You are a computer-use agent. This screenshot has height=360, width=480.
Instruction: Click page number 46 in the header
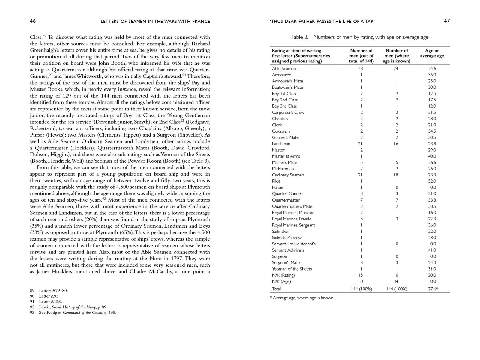[33, 21]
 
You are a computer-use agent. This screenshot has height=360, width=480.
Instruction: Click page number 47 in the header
[447, 21]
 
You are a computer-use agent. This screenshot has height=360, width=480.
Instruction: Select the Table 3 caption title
[360, 37]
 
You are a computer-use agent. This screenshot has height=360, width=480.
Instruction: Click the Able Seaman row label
[284, 69]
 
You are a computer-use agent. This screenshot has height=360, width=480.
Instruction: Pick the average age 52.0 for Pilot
[432, 181]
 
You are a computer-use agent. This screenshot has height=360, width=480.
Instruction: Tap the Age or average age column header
[432, 53]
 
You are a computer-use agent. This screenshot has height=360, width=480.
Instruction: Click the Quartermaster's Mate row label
[292, 206]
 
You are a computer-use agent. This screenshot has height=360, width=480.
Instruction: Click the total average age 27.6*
[433, 289]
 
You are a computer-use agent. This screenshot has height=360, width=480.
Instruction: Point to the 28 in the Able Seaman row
[361, 69]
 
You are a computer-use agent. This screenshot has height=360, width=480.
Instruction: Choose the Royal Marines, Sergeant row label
[293, 225]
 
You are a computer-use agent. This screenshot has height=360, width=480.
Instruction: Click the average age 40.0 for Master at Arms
[432, 156]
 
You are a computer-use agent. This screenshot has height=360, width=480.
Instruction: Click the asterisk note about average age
[302, 298]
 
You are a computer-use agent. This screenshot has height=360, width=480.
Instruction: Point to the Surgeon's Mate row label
[286, 262]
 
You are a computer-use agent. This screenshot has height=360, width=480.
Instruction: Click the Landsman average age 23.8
[432, 144]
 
